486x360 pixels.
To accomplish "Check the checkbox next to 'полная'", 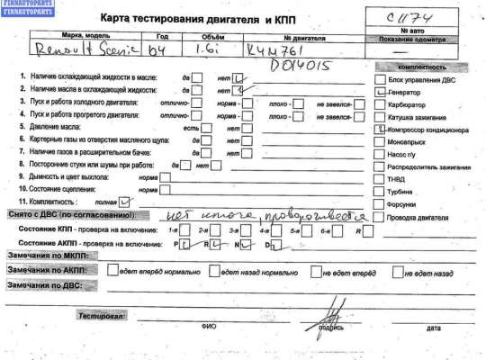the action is [125, 202].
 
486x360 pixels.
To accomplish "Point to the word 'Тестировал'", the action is [100, 318].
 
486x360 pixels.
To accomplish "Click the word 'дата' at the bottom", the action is [434, 328].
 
